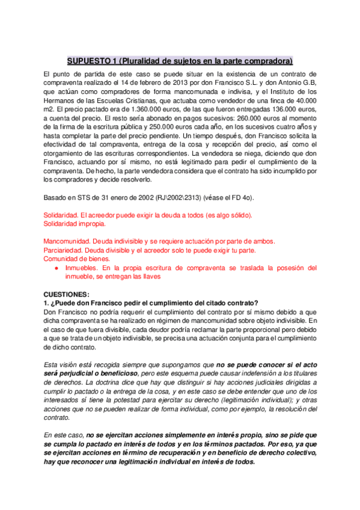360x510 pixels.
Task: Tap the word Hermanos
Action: [61, 101]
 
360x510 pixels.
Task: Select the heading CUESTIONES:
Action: [66, 294]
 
